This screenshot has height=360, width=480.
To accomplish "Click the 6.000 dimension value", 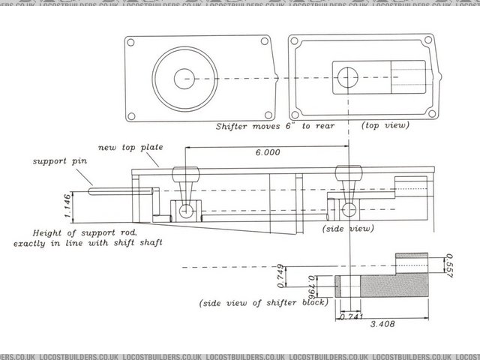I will click(x=267, y=153).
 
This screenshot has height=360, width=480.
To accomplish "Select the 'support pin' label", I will click(x=54, y=160).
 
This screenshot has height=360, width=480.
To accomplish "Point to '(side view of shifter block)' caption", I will click(x=262, y=303).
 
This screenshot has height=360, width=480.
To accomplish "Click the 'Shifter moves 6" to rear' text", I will click(x=274, y=127).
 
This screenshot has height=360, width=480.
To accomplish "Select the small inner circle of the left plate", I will click(x=184, y=78).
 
